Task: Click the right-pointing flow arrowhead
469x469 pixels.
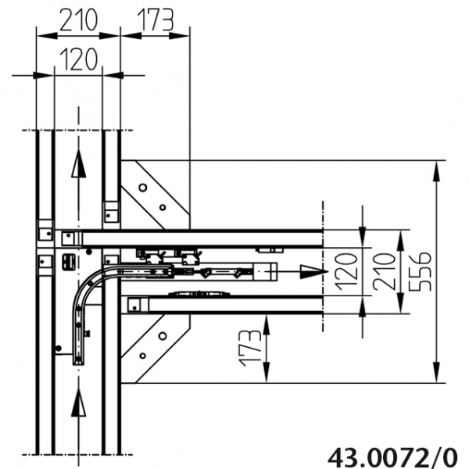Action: tap(313, 270)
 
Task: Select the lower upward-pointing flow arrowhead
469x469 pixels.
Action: tap(77, 406)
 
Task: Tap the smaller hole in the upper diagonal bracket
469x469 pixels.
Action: tap(162, 208)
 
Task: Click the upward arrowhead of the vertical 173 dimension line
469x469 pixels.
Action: tap(267, 321)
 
